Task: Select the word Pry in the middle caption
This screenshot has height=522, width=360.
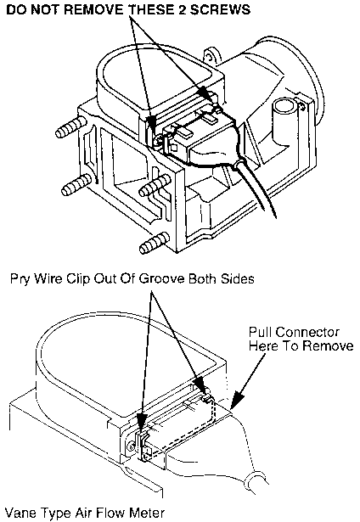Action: point(20,279)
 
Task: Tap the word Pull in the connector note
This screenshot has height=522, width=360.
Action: point(261,332)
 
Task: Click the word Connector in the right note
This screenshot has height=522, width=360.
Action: point(307,332)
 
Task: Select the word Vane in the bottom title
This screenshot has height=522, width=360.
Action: point(20,513)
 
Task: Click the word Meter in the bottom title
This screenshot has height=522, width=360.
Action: point(147,513)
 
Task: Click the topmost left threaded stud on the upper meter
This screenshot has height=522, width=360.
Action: point(70,126)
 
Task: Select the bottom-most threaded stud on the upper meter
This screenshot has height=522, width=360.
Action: point(155,243)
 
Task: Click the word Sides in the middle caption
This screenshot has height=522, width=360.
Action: point(238,278)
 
